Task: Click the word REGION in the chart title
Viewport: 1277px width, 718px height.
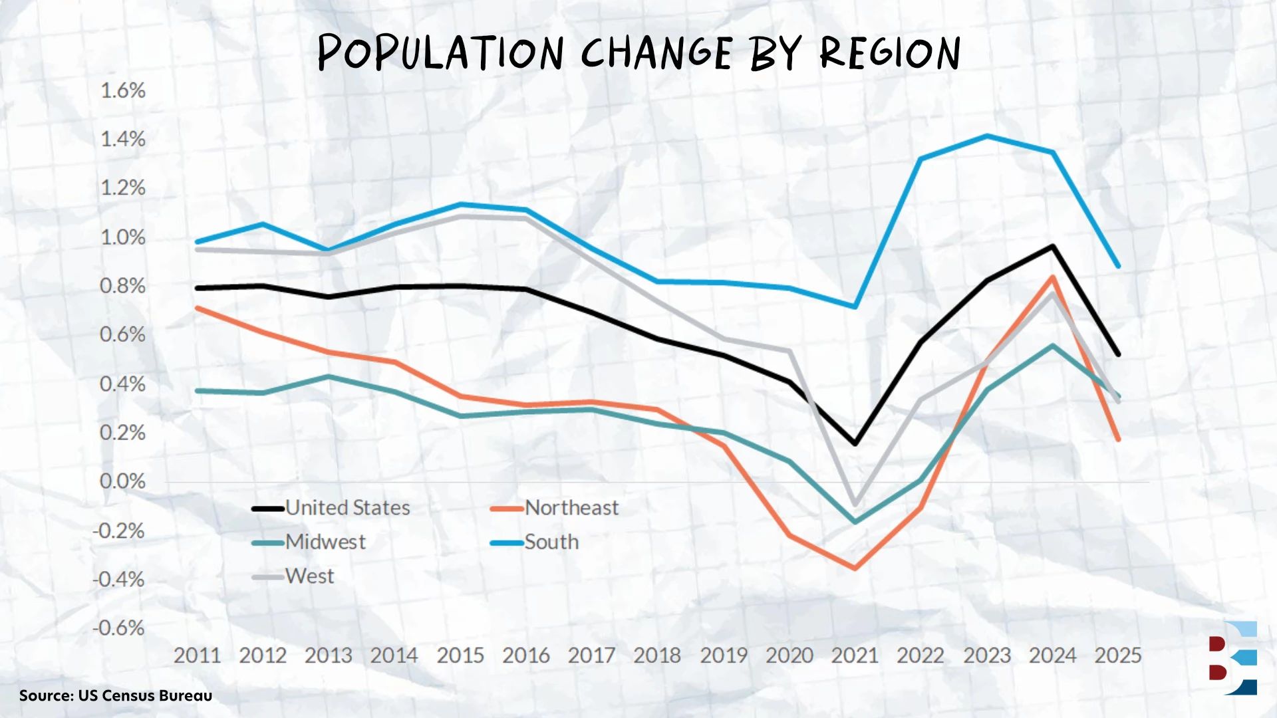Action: pos(890,53)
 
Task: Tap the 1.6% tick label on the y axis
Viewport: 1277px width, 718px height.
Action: pos(123,90)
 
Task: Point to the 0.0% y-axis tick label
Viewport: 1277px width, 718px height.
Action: pos(123,481)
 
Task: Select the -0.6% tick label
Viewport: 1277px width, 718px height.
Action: pos(119,628)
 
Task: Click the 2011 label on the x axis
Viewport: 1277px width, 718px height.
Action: pos(197,656)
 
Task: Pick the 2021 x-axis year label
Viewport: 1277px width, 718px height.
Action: pos(855,656)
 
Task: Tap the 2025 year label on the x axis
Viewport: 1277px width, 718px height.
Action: pos(1117,656)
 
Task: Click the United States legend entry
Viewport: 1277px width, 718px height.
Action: pos(347,508)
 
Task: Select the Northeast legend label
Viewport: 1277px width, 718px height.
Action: pos(571,508)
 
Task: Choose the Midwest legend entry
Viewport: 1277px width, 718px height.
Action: pos(325,542)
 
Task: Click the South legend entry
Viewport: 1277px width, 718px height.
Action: pos(551,542)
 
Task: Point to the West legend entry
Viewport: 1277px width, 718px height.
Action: pos(309,576)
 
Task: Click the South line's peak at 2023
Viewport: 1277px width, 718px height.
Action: pos(987,136)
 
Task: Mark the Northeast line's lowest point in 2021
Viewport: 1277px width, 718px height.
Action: pos(855,568)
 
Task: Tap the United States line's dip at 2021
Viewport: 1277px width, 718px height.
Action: pos(855,443)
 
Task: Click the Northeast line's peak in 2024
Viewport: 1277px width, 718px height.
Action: pos(1053,277)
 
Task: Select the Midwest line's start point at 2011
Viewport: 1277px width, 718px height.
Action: pos(198,390)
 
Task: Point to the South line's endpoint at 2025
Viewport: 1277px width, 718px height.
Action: pos(1118,266)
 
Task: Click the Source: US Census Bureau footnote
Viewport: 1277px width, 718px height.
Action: pos(116,695)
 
